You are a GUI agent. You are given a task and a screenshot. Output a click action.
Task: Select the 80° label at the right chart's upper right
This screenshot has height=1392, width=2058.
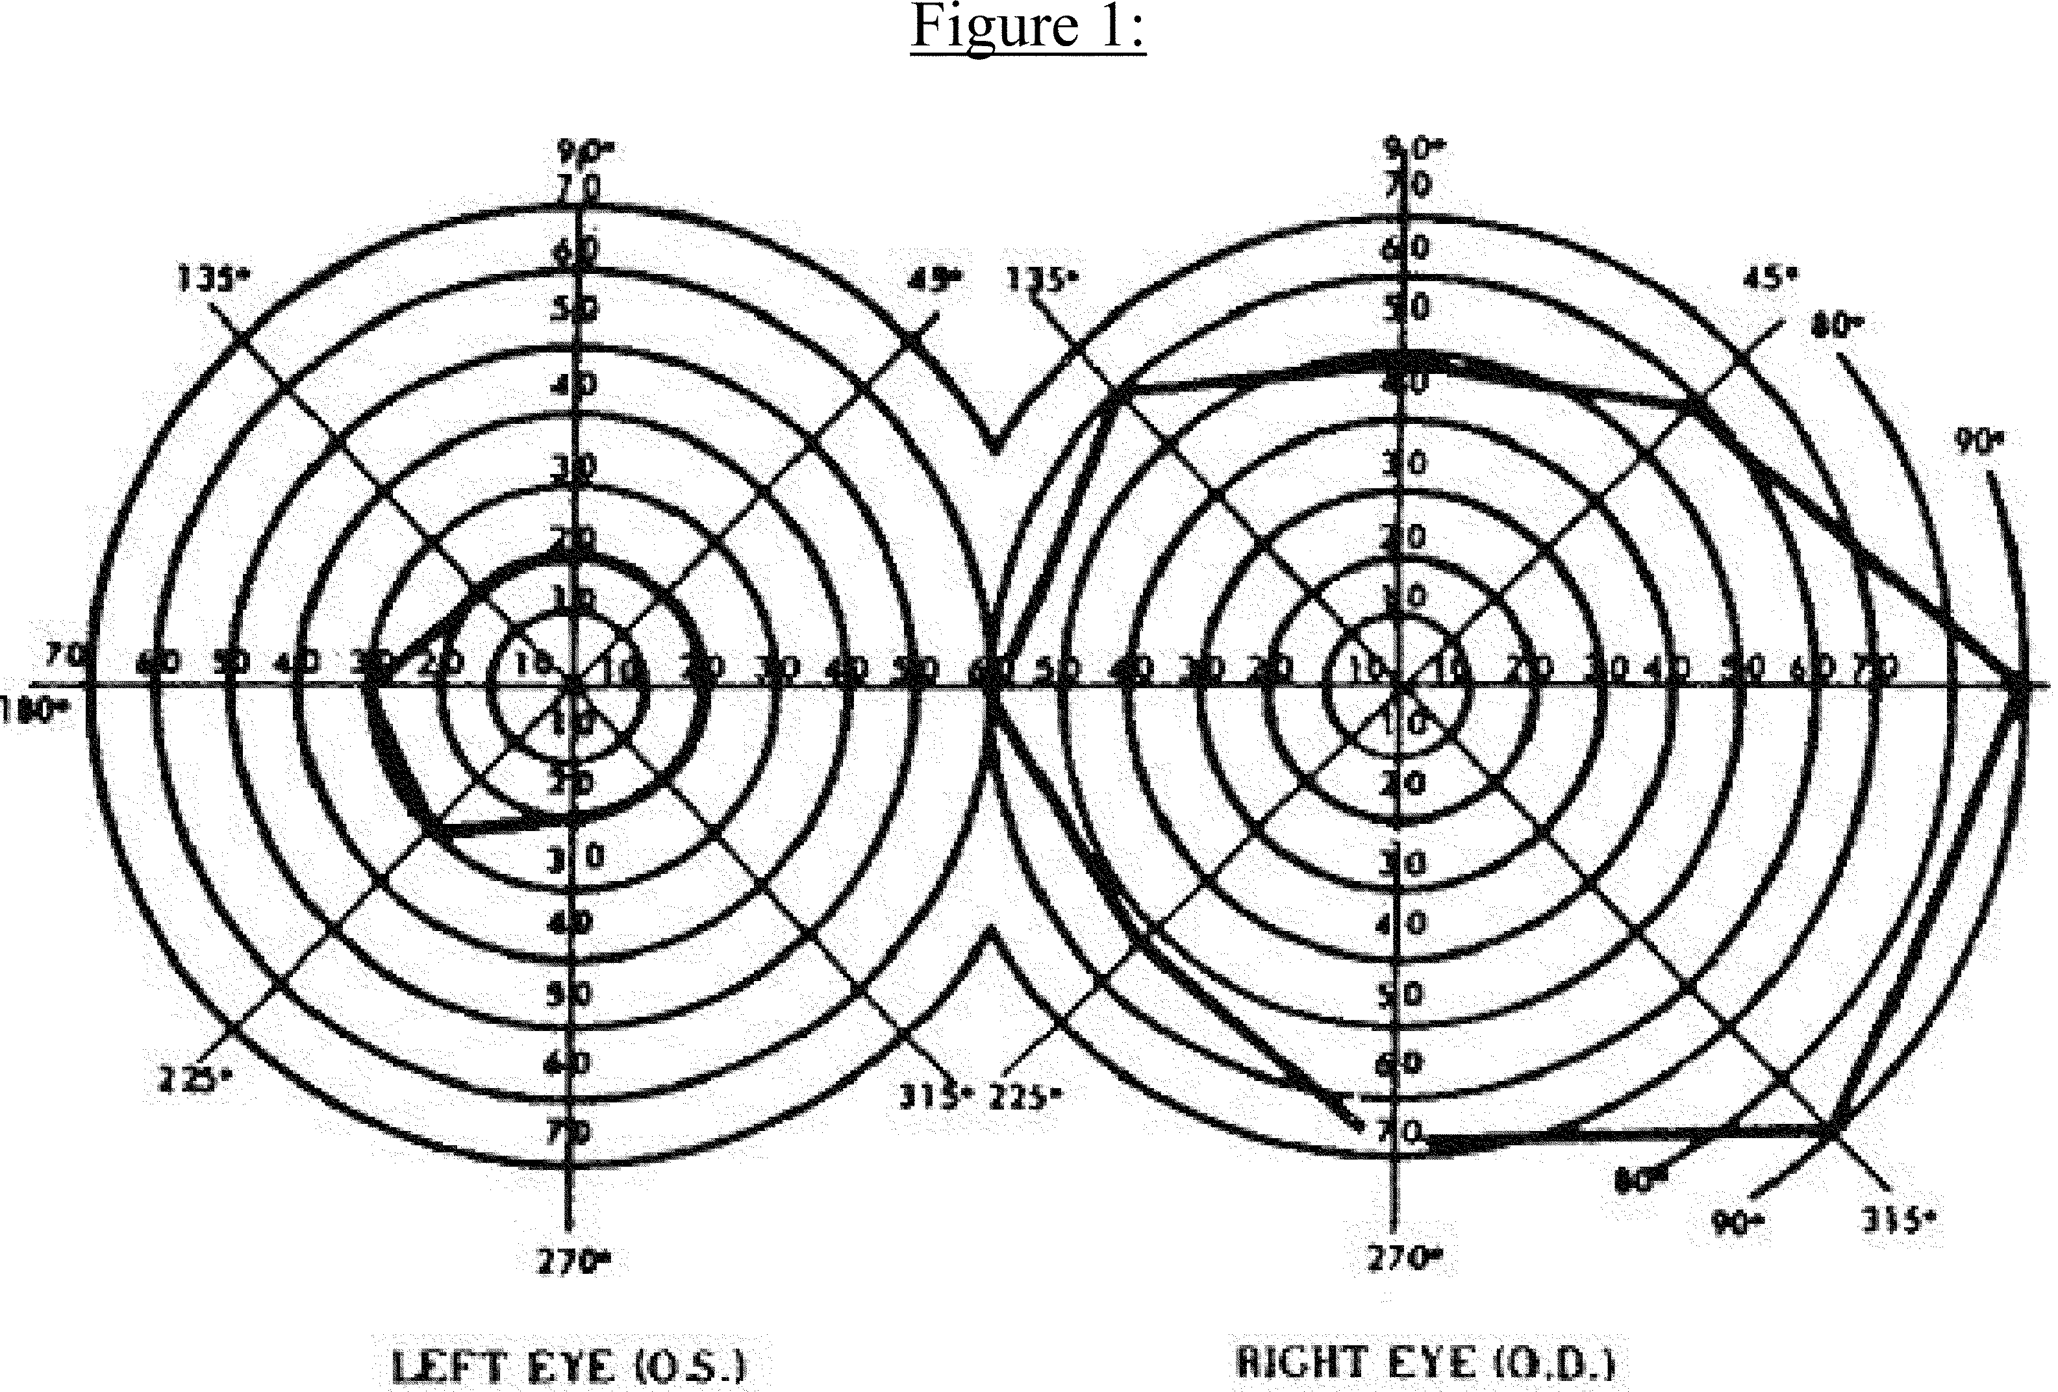pyautogui.click(x=1835, y=326)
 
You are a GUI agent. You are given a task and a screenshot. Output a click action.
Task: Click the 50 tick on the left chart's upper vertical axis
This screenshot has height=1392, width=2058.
pyautogui.click(x=574, y=308)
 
